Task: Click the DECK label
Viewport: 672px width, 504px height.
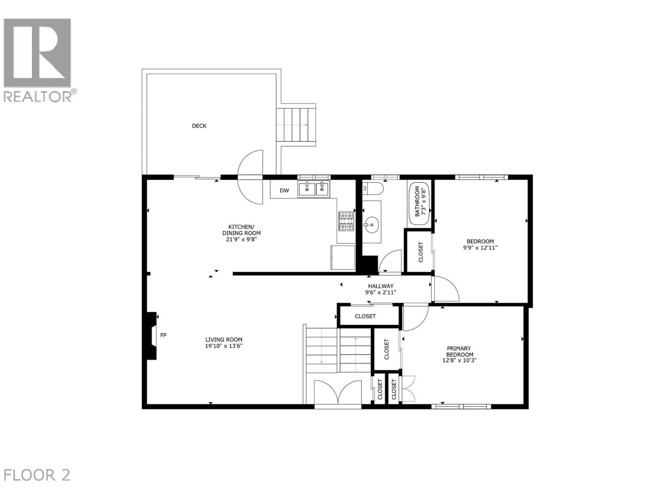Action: coord(199,126)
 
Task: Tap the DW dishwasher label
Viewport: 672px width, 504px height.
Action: coord(285,190)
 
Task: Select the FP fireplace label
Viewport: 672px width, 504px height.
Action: coord(163,335)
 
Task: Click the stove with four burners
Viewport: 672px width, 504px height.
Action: coord(346,221)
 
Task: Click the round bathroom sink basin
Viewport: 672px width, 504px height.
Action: coord(371,225)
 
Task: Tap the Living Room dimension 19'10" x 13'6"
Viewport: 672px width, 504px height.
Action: coord(224,346)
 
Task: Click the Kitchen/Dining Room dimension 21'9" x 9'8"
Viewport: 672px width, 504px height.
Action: coord(241,239)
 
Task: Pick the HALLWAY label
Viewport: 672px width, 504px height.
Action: coord(381,286)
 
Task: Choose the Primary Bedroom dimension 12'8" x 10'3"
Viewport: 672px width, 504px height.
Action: coord(459,360)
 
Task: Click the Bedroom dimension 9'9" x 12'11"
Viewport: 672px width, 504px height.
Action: coord(480,248)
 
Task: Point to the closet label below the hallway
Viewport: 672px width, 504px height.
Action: coord(365,316)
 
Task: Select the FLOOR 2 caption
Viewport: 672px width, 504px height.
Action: coord(37,475)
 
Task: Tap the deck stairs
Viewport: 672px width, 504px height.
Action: coord(296,125)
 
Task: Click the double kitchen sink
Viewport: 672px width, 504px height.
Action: coord(314,189)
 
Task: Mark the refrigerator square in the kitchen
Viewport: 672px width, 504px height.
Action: coord(343,257)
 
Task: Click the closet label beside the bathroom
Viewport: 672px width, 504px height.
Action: coord(421,252)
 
